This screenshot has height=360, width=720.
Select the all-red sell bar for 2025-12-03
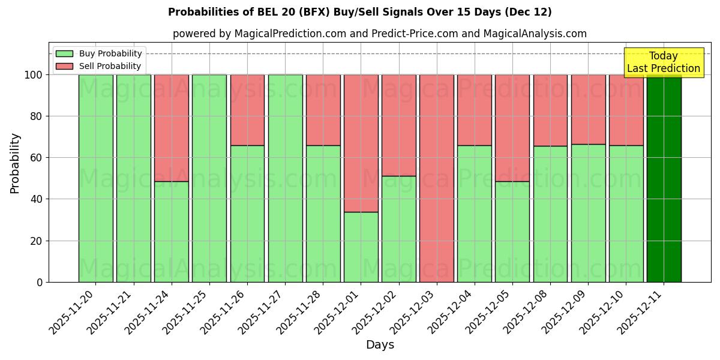437,178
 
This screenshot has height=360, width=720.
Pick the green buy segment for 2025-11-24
171,232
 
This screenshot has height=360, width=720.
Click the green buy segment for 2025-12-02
398,229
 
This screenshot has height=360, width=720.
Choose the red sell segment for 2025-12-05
512,128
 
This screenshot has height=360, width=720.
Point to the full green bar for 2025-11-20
95,178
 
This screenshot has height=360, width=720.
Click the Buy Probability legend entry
98,53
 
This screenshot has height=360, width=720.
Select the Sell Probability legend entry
98,66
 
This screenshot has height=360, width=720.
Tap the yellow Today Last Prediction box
663,62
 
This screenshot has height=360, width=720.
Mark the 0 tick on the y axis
39,282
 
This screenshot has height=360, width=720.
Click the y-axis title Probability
15,163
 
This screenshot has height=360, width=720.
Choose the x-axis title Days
380,345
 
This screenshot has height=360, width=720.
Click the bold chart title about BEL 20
360,12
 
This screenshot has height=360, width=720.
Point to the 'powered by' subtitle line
379,34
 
